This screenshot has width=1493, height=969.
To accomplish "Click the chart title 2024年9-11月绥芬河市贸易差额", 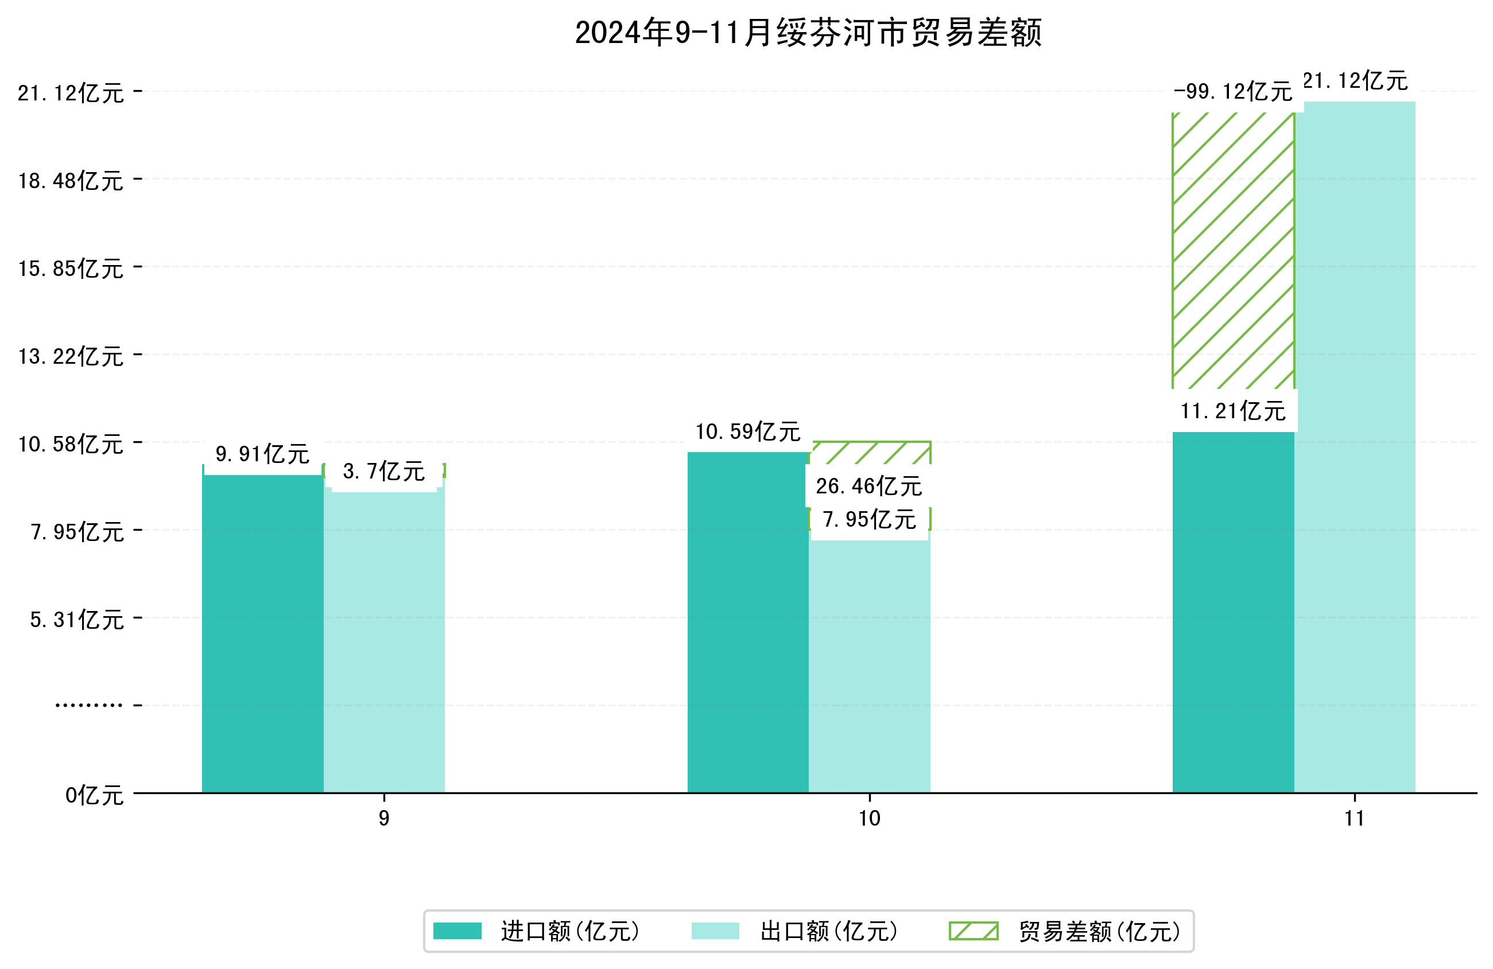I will click(x=808, y=33).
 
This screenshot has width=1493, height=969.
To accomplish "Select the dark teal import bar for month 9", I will click(x=262, y=633).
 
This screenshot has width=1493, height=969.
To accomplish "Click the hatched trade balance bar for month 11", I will click(x=1232, y=251).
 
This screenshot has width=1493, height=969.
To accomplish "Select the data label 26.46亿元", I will click(x=869, y=486).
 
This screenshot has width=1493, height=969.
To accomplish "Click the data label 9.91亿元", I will click(x=262, y=453).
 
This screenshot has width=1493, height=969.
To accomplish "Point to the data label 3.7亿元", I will click(x=384, y=471).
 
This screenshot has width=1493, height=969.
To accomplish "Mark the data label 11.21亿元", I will click(x=1232, y=411).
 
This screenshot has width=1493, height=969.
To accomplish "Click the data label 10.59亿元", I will click(x=748, y=431).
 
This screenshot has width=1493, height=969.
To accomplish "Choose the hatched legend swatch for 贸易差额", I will click(x=974, y=931).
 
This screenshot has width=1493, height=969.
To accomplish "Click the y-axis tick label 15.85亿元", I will click(x=71, y=268).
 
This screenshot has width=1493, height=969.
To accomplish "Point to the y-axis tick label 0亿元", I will click(x=94, y=795).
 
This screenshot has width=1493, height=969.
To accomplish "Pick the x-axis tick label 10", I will click(x=869, y=819).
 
